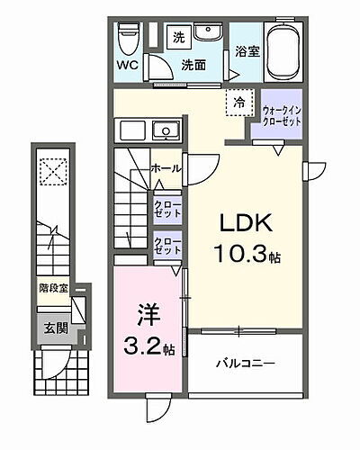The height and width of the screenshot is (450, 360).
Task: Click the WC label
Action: pyautogui.click(x=126, y=65)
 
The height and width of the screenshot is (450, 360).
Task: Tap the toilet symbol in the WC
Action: pyautogui.click(x=127, y=38)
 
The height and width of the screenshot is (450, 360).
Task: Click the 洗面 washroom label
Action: pyautogui.click(x=193, y=65)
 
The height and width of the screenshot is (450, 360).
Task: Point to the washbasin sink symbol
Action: pyautogui.click(x=209, y=33)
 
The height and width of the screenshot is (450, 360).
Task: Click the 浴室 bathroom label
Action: pyautogui.click(x=244, y=53)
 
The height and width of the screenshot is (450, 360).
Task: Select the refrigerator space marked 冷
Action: pyautogui.click(x=240, y=103)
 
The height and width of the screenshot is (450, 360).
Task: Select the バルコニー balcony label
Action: pyautogui.click(x=245, y=364)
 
